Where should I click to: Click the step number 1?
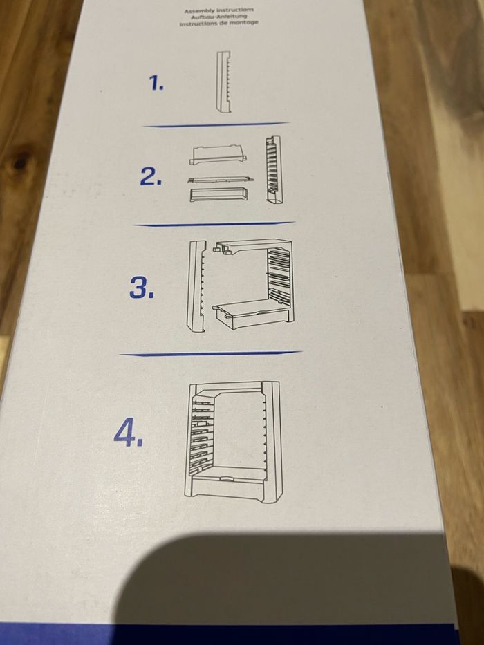(x=156, y=84)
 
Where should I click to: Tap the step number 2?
(x=151, y=177)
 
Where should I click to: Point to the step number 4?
(x=129, y=434)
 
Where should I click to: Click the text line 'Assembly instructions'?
(x=219, y=10)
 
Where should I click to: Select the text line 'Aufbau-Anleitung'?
(x=218, y=17)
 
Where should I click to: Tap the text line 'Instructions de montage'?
(x=218, y=23)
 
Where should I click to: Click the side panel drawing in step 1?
(x=223, y=82)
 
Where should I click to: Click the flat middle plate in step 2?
(x=220, y=180)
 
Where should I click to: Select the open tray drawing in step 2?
(x=219, y=194)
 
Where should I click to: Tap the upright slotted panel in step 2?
(x=274, y=169)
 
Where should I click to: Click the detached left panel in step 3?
(x=196, y=286)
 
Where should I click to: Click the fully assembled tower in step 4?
(x=233, y=442)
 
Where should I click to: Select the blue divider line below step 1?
(x=216, y=124)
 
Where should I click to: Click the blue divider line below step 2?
(x=214, y=224)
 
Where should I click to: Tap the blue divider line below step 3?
(x=211, y=353)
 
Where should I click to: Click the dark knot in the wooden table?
(x=21, y=162)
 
